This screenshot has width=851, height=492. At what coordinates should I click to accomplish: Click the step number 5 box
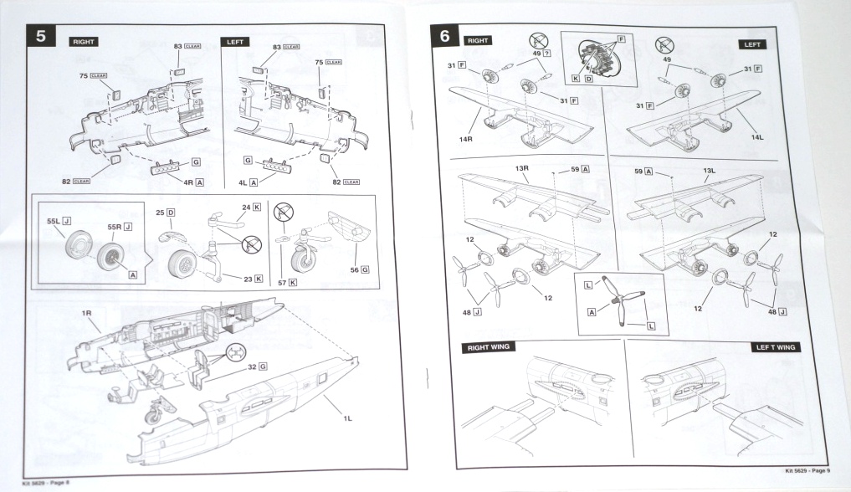(x=42, y=38)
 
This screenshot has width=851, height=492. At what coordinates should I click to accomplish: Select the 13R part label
(x=522, y=168)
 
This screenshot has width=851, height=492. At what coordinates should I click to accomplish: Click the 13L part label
(x=708, y=169)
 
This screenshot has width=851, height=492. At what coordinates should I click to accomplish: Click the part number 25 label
(x=159, y=213)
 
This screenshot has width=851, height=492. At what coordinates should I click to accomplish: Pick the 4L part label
(x=244, y=181)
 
